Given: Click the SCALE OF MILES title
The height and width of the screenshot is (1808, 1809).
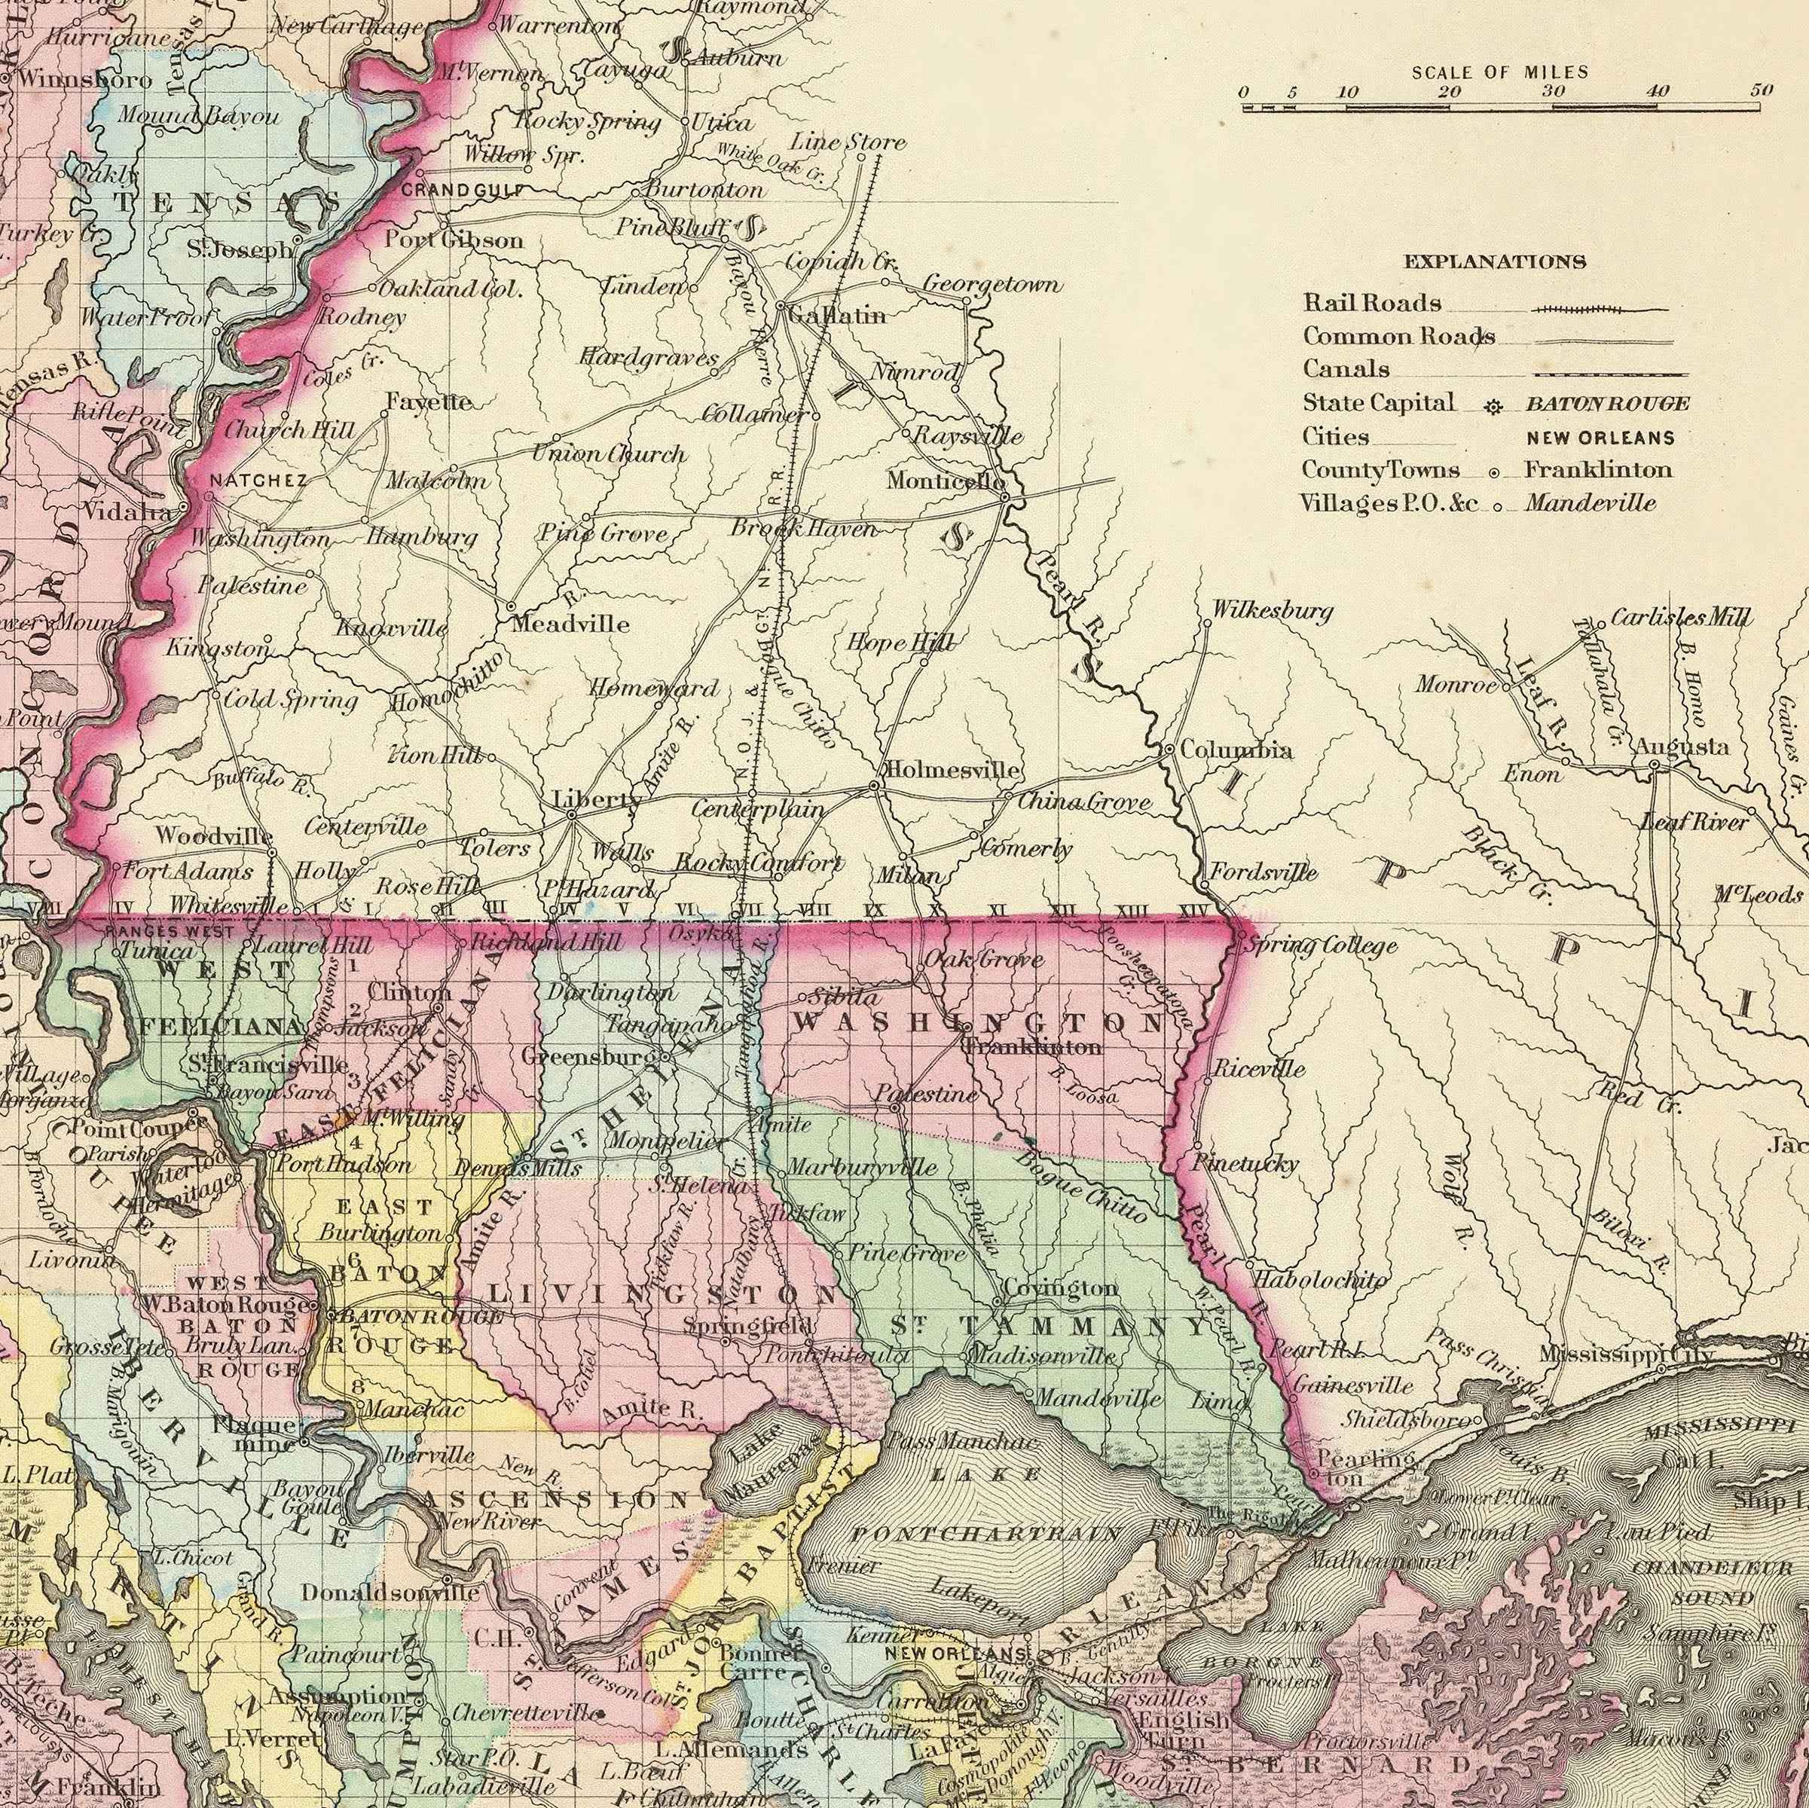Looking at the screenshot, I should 1500,72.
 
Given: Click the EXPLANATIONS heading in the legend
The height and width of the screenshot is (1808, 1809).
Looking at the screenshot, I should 1494,262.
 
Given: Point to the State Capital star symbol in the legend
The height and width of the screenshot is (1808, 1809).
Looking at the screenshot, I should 1493,406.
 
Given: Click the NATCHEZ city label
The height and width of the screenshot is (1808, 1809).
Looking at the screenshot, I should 258,481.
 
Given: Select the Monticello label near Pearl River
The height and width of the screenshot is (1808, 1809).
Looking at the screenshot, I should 946,482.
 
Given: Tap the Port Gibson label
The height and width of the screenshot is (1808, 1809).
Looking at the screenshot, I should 454,240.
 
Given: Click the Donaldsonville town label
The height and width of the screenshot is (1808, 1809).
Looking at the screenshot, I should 390,1592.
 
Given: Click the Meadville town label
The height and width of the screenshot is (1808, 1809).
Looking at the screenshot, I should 570,624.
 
